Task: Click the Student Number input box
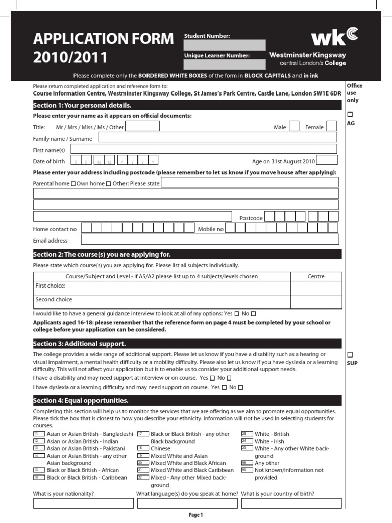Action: (225, 45)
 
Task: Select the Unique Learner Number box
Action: (225, 64)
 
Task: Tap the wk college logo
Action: (335, 36)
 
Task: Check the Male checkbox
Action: (294, 127)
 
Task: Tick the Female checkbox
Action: (331, 127)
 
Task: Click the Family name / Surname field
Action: (217, 137)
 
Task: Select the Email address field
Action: (210, 240)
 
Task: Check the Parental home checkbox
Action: (73, 183)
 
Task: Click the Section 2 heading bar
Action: (187, 254)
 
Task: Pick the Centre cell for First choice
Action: (316, 289)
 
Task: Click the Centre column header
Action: (316, 276)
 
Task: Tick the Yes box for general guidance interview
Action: (236, 313)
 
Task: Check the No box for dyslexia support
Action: (240, 388)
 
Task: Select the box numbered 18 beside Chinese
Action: (143, 448)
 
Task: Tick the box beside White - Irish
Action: (248, 441)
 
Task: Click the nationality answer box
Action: (83, 504)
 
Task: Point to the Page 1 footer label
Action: (196, 515)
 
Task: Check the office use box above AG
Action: (350, 114)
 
